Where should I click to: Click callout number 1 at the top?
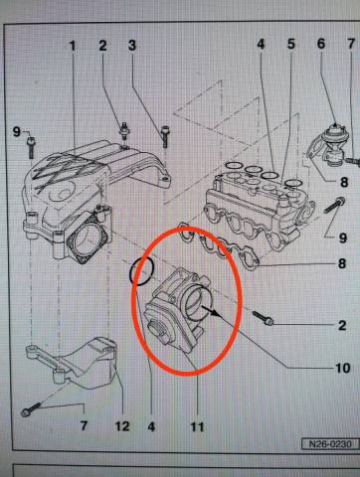pyautogui.click(x=73, y=46)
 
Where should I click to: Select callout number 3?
pyautogui.click(x=132, y=46)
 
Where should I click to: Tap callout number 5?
pyautogui.click(x=290, y=44)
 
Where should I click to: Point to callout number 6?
pyautogui.click(x=321, y=44)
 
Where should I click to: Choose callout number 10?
pyautogui.click(x=343, y=368)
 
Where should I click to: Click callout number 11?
pyautogui.click(x=197, y=426)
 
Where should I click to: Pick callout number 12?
pyautogui.click(x=122, y=426)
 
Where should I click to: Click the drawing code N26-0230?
pyautogui.click(x=330, y=444)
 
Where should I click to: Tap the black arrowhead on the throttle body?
pyautogui.click(x=215, y=312)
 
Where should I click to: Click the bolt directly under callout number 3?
pyautogui.click(x=164, y=136)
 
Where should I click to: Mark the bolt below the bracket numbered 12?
pyautogui.click(x=31, y=409)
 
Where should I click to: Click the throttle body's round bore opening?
pyautogui.click(x=196, y=300)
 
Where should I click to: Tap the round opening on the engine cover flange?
pyautogui.click(x=88, y=238)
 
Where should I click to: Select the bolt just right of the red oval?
pyautogui.click(x=263, y=318)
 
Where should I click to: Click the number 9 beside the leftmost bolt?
pyautogui.click(x=16, y=132)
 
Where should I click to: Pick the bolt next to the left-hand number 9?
pyautogui.click(x=31, y=147)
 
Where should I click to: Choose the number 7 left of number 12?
pyautogui.click(x=84, y=425)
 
